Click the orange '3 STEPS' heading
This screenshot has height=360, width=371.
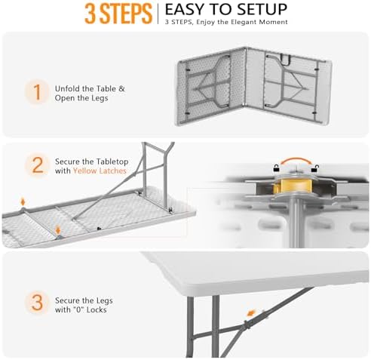(118, 14)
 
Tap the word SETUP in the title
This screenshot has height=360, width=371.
(262, 9)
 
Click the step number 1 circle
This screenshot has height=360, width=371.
(38, 92)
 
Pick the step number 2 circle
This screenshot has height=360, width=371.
(38, 165)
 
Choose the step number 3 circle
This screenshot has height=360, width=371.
(38, 303)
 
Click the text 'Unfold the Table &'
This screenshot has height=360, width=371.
(90, 88)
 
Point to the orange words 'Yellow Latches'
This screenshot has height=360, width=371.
(100, 171)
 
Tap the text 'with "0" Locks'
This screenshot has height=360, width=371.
(81, 309)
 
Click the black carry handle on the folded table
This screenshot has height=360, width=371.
(285, 60)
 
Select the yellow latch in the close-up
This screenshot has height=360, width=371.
(294, 186)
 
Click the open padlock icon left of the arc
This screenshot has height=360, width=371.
(277, 168)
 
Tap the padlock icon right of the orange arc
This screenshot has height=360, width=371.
(315, 168)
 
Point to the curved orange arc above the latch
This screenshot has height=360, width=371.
(296, 159)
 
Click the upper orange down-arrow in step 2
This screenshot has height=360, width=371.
(23, 202)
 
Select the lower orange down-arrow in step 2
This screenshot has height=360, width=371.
(58, 229)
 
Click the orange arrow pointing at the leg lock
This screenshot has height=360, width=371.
(251, 313)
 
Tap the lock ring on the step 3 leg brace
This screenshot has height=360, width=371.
(247, 325)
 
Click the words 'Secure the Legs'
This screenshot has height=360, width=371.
(84, 300)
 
